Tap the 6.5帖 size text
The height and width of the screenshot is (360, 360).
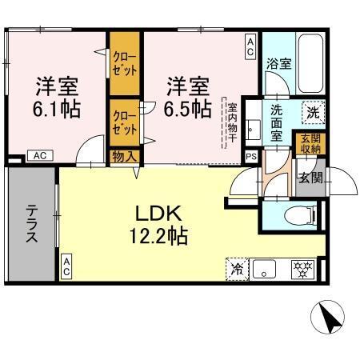[188, 108]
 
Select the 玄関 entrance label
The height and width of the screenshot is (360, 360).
[310, 178]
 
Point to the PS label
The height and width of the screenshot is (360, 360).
[251, 157]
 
